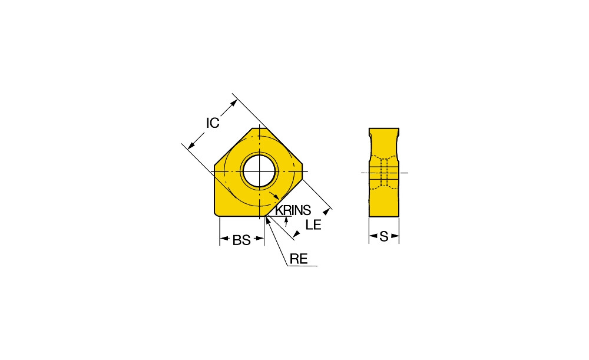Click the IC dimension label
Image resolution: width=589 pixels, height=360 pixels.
pyautogui.click(x=213, y=123)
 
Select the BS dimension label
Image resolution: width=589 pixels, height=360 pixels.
pyautogui.click(x=241, y=240)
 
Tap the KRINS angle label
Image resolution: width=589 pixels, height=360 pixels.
pyautogui.click(x=293, y=210)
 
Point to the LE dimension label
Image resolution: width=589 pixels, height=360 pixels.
pyautogui.click(x=313, y=224)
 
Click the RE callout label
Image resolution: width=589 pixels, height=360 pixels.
pyautogui.click(x=299, y=259)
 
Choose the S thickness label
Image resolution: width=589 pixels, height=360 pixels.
pyautogui.click(x=383, y=236)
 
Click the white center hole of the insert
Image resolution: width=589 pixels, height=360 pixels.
pyautogui.click(x=260, y=171)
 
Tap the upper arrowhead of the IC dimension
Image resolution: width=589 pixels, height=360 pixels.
pyautogui.click(x=234, y=103)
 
